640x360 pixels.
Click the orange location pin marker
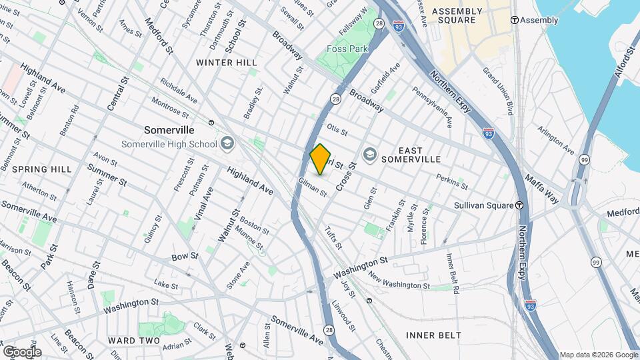(x=321, y=159)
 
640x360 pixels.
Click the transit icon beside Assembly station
(x=514, y=20)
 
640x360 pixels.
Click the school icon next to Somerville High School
(x=227, y=143)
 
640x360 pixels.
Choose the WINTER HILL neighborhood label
(x=226, y=62)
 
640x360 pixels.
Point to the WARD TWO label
(x=134, y=341)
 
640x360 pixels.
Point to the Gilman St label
(x=312, y=187)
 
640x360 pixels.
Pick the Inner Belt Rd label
(x=453, y=273)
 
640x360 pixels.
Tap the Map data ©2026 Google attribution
(x=598, y=355)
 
